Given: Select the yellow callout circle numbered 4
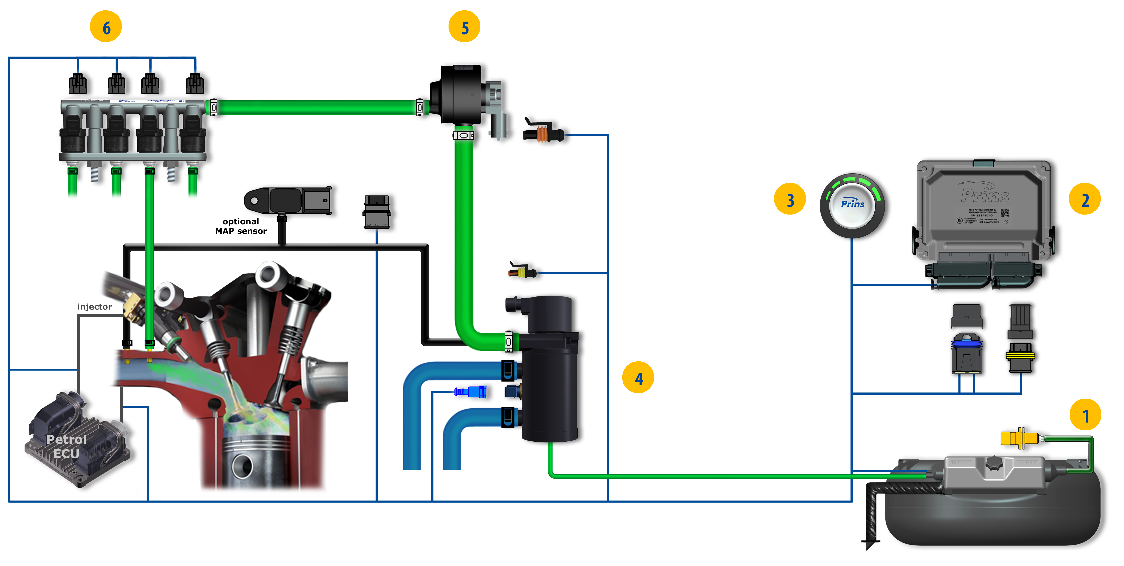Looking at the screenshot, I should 638,378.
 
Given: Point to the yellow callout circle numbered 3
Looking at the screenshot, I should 790,199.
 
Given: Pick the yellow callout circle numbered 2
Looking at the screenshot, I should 1085,199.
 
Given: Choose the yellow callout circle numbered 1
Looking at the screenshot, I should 1085,415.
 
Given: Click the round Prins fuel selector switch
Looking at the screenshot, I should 852,206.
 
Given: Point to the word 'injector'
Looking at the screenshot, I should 94,307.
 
